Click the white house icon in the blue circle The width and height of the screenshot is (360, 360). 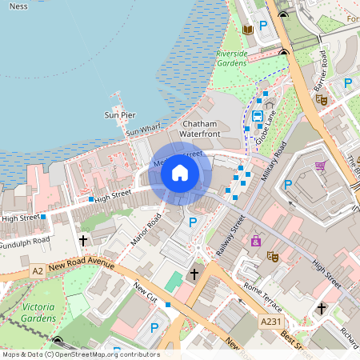coord(180,173)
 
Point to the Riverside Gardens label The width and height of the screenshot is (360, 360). coord(232,58)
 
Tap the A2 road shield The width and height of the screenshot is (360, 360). coord(38,272)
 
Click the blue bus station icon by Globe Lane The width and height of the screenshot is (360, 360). coord(258,116)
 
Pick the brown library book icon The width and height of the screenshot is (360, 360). coord(247,30)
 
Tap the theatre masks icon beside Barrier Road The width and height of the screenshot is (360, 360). coord(322,99)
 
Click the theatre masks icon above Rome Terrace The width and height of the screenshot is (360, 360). coord(272,257)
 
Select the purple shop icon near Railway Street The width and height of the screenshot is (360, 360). coord(256,240)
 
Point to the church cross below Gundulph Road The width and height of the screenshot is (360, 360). coord(83,239)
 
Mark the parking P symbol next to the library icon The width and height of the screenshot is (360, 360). coord(262,24)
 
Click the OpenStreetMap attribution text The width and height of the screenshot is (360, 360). coord(80,354)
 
